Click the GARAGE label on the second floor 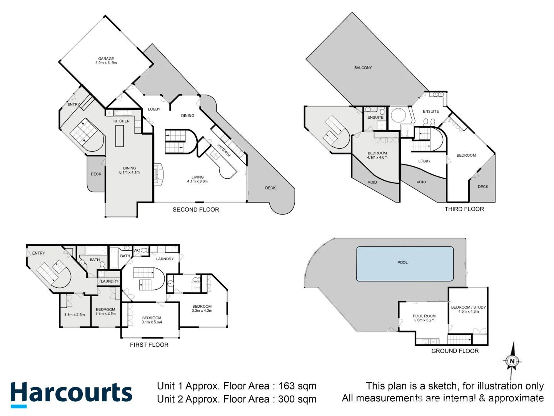[106, 59]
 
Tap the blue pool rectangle [405, 264]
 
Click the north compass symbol [512, 361]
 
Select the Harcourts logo [71, 394]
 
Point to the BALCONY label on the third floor [363, 68]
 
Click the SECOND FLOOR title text [195, 210]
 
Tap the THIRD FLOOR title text [464, 209]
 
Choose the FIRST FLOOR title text [149, 345]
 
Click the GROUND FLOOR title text [455, 351]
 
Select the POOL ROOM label [424, 316]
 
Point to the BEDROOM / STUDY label [468, 307]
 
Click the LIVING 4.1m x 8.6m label [197, 179]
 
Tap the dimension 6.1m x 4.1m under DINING [129, 173]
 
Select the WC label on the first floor [137, 250]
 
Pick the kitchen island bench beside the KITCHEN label [120, 136]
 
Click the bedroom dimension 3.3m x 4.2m [202, 310]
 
